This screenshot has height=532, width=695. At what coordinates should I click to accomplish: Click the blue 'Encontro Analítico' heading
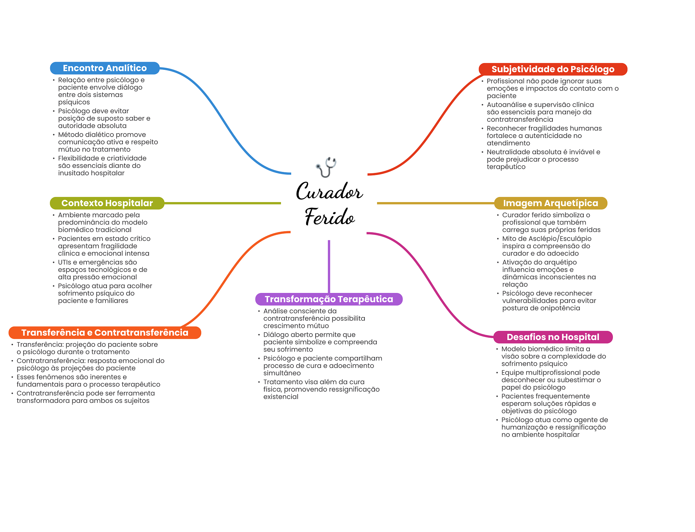click(x=105, y=68)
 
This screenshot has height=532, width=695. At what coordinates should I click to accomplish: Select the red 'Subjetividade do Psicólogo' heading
click(x=552, y=69)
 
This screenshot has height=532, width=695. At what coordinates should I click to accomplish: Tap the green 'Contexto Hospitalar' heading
click(x=107, y=203)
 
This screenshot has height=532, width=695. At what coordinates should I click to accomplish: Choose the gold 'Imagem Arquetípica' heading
click(x=550, y=203)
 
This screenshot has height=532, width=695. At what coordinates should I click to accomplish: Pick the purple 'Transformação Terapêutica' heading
click(x=328, y=299)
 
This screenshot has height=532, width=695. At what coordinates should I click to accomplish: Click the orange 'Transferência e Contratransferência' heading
click(x=105, y=333)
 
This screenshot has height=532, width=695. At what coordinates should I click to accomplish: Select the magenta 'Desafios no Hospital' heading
click(x=552, y=337)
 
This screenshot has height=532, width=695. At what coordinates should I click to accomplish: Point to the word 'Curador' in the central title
click(x=329, y=192)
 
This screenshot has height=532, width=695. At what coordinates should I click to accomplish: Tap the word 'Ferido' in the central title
click(x=330, y=217)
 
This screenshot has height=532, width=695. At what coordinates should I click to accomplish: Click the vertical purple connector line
click(x=329, y=266)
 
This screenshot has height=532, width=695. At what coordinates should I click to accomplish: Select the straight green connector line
click(x=222, y=203)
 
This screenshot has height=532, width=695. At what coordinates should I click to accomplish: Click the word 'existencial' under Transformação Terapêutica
click(x=281, y=397)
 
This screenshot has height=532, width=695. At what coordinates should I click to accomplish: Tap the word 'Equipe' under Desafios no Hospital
click(x=511, y=373)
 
